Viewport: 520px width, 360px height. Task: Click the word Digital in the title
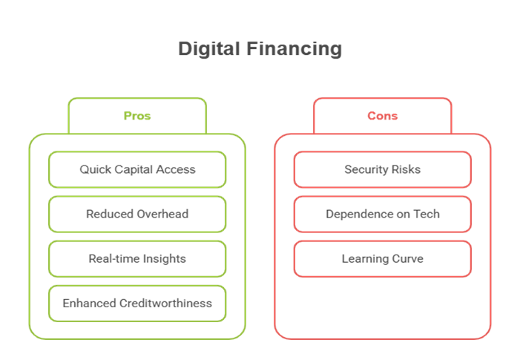click(x=204, y=50)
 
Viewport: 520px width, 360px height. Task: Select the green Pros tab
click(x=137, y=116)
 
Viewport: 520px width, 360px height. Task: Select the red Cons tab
click(x=382, y=116)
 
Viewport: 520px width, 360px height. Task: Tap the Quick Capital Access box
click(x=137, y=169)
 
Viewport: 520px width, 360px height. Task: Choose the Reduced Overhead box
click(x=137, y=214)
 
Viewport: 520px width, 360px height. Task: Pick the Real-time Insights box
click(x=137, y=258)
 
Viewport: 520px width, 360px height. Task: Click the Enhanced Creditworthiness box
click(x=137, y=303)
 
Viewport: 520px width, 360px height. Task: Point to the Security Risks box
click(x=382, y=169)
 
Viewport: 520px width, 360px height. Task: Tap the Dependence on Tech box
click(x=382, y=214)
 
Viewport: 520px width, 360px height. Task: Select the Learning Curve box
click(x=382, y=258)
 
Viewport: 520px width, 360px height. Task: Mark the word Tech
click(x=427, y=214)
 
